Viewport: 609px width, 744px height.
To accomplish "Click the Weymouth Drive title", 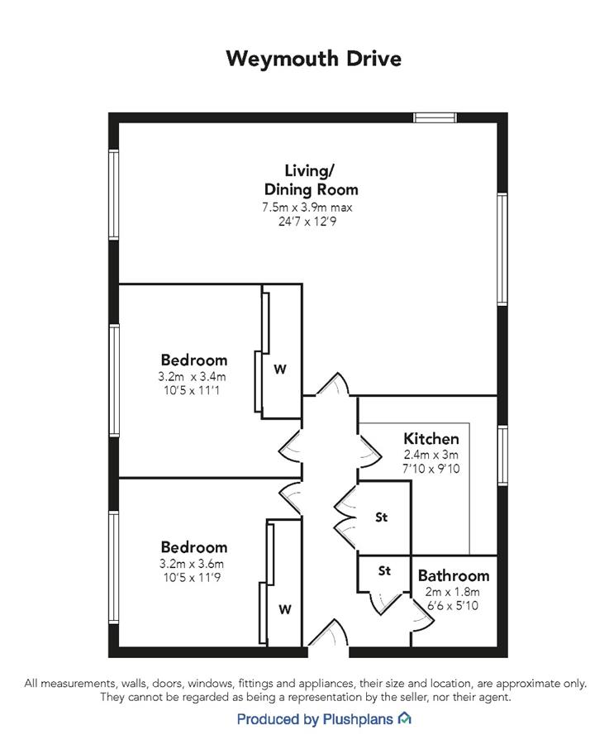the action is [x=313, y=60].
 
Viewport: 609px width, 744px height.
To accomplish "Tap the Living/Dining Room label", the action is [x=311, y=180].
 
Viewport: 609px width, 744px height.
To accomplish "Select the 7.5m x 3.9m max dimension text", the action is [x=307, y=207].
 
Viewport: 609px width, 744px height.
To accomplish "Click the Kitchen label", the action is [x=431, y=438].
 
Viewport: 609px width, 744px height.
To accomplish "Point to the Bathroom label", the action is [x=454, y=575].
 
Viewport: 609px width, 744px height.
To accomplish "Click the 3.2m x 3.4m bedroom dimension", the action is [x=192, y=377].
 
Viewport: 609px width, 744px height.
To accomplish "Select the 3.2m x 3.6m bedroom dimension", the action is [x=192, y=564].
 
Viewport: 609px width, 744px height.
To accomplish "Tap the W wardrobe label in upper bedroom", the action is [x=280, y=369].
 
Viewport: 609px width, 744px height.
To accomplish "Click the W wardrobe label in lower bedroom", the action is [x=285, y=609].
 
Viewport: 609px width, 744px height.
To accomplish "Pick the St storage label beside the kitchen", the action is [x=381, y=517].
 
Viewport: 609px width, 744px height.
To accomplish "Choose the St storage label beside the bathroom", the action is [x=385, y=570].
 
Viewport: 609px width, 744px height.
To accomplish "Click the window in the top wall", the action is [x=435, y=117].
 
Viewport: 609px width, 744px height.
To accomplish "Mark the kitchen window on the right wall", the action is [x=502, y=455].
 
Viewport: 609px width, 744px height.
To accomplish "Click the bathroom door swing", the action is [x=422, y=615].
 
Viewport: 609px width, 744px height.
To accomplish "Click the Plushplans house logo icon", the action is [x=404, y=718].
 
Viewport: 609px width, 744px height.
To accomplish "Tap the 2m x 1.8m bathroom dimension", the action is [x=453, y=592].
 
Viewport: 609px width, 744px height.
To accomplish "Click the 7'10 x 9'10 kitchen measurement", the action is [x=431, y=469].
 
